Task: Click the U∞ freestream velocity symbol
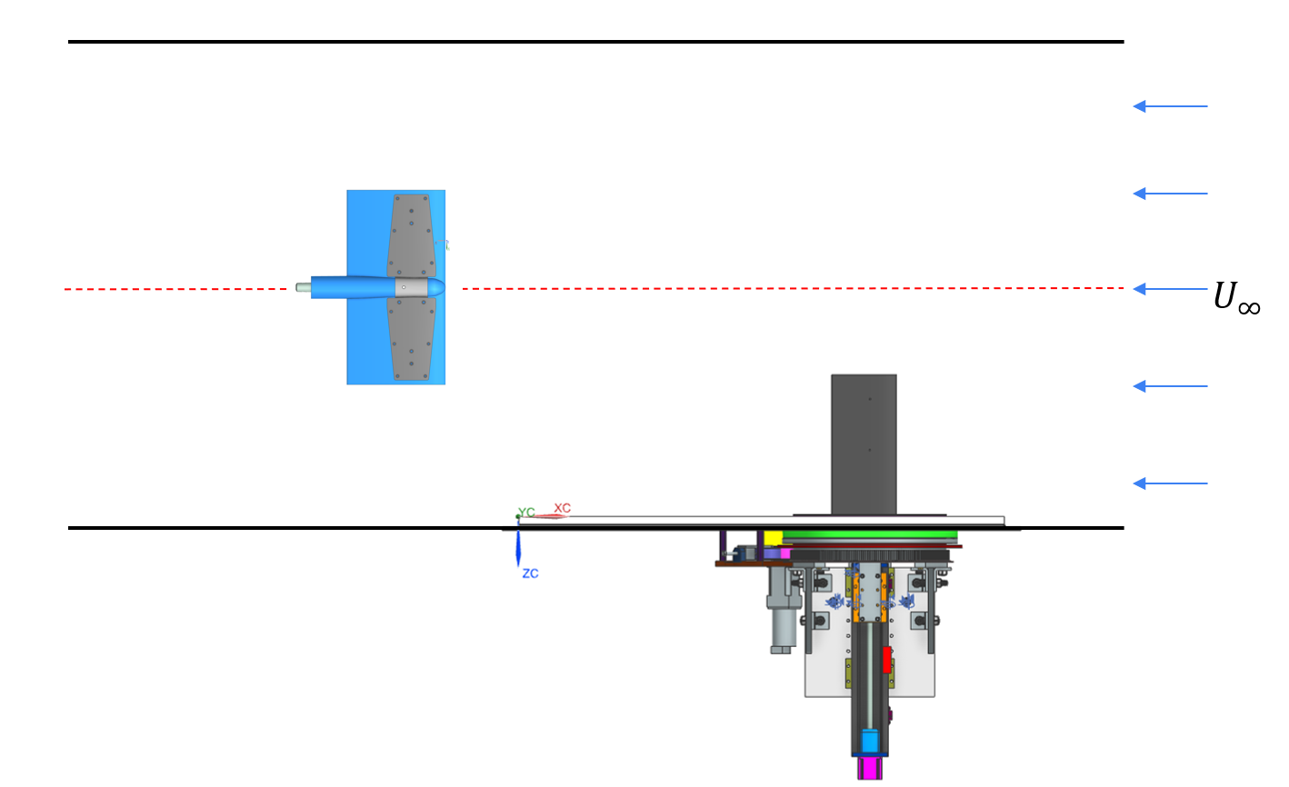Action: pyautogui.click(x=1236, y=298)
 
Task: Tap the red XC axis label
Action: pyautogui.click(x=562, y=508)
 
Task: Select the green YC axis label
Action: pyautogui.click(x=526, y=512)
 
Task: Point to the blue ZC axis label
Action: pyautogui.click(x=531, y=573)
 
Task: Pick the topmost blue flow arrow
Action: pyautogui.click(x=1170, y=106)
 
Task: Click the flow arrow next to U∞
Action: pyautogui.click(x=1170, y=289)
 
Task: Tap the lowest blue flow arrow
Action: pyautogui.click(x=1170, y=483)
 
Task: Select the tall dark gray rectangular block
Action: pyautogui.click(x=864, y=444)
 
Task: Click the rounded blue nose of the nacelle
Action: pyautogui.click(x=436, y=287)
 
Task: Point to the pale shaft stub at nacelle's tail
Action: pyautogui.click(x=304, y=288)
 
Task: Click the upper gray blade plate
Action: pyautogui.click(x=412, y=236)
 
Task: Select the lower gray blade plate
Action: pyautogui.click(x=412, y=338)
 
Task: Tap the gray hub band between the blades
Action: pyautogui.click(x=412, y=287)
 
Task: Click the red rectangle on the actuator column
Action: pyautogui.click(x=887, y=660)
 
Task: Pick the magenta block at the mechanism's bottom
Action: pyautogui.click(x=870, y=768)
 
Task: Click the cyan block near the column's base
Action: pyautogui.click(x=870, y=741)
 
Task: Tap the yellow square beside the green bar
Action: pyautogui.click(x=773, y=539)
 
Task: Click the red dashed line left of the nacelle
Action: pyautogui.click(x=175, y=289)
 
